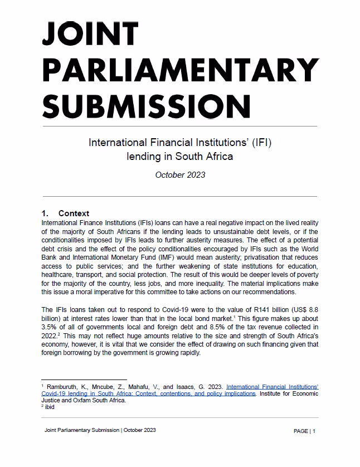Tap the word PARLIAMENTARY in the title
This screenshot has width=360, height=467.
tap(179, 71)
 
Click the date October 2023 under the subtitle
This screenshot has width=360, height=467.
tap(180, 174)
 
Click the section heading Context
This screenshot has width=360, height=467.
tap(74, 213)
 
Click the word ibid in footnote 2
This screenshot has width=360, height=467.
tap(50, 407)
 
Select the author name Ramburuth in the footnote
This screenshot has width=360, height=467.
tap(65, 386)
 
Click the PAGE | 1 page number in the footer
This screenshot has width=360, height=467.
tap(304, 431)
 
